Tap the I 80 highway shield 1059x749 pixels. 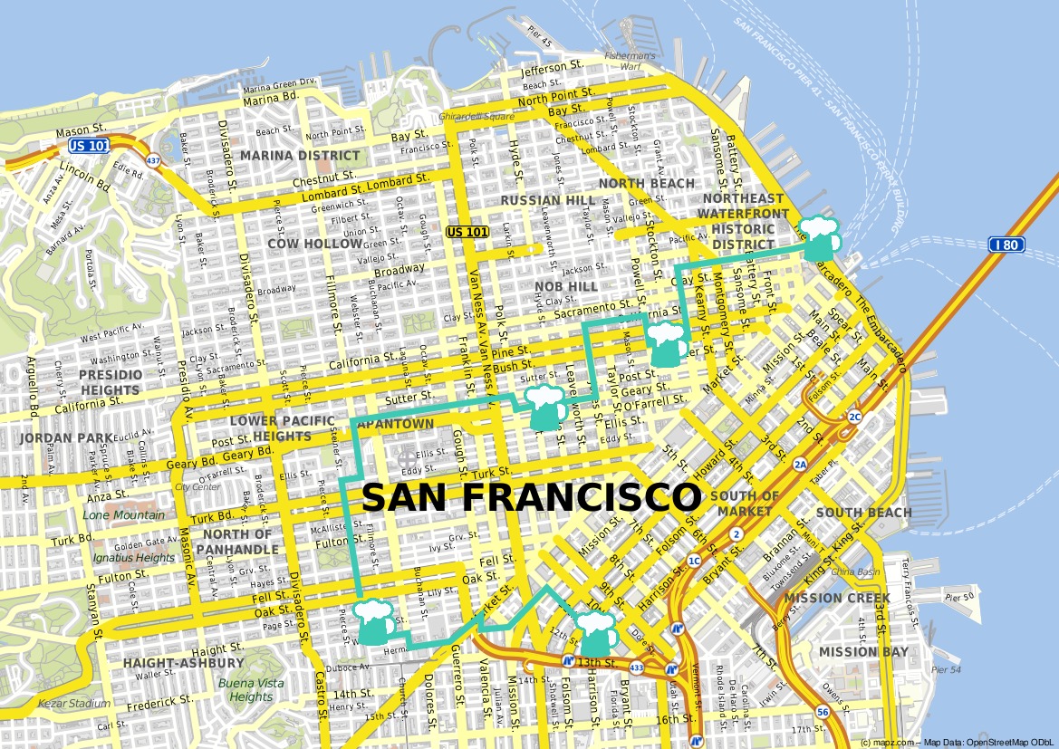[1006, 244]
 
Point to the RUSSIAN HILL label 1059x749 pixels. [535, 200]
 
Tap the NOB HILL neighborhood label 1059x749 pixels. [566, 286]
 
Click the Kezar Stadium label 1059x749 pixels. [74, 704]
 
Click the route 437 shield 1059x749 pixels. [152, 161]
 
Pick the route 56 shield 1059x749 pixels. [822, 712]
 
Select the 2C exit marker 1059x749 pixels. [854, 417]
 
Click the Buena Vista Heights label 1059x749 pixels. [250, 690]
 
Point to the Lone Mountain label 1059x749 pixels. [124, 515]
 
